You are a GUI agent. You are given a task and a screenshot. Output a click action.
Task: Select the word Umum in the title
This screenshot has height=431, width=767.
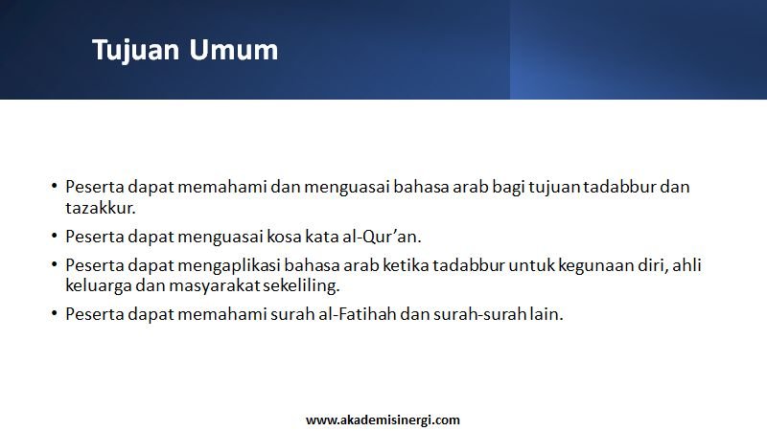point(233,50)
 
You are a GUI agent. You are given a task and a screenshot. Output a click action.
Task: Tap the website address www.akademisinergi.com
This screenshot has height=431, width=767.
point(383,420)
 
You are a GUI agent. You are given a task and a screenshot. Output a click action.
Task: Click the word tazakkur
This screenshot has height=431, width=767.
point(101,208)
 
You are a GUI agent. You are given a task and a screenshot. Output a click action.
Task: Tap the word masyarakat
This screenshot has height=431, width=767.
point(214,285)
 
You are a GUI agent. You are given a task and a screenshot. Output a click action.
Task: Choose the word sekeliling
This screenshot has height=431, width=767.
point(301,285)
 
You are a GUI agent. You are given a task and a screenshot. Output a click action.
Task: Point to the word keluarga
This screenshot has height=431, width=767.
point(99,285)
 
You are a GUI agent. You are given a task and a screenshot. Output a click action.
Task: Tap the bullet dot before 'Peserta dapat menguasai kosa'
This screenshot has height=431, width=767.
point(54,236)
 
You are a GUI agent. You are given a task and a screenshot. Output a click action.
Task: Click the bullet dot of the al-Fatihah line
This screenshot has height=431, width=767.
point(54,313)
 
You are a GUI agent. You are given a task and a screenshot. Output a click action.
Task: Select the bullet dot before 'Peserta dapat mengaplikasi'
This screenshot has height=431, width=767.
point(54,265)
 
